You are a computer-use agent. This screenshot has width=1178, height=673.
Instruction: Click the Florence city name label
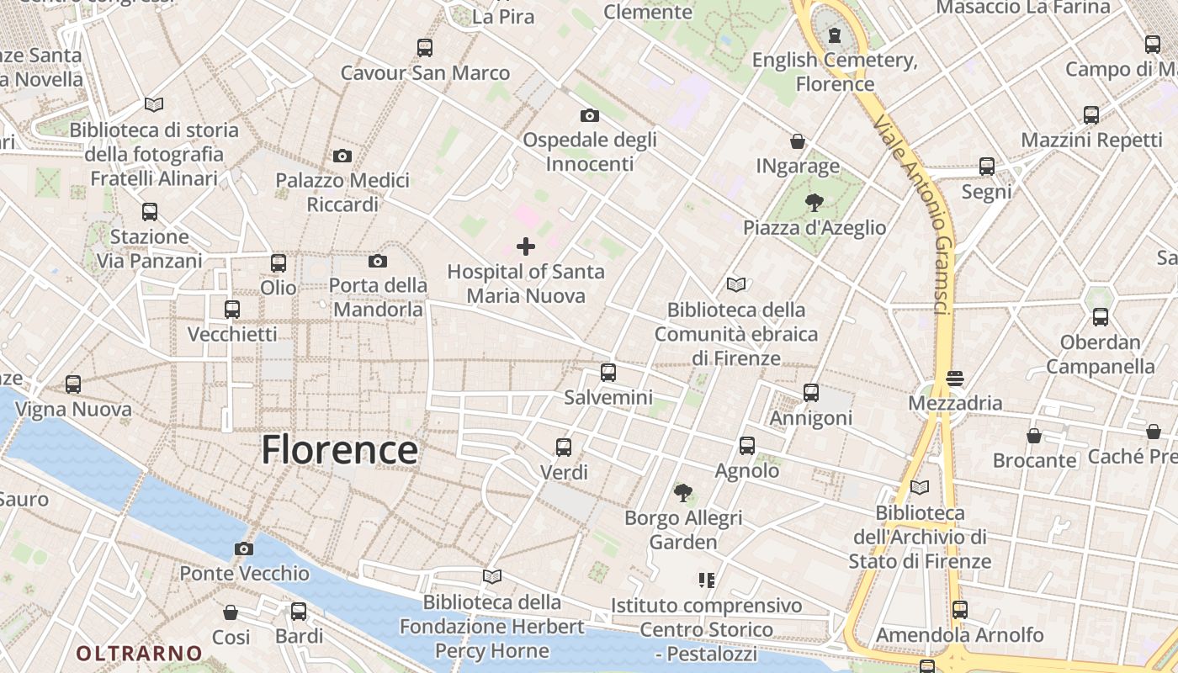point(339,450)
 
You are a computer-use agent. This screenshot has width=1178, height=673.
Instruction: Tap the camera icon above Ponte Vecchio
point(244,549)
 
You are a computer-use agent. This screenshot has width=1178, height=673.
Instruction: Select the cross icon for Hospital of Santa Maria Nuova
point(526,246)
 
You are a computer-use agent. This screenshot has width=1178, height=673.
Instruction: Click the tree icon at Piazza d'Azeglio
point(814,202)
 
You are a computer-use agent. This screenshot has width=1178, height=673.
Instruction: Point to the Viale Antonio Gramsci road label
point(913,215)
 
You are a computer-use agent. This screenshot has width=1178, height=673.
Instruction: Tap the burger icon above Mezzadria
point(954,379)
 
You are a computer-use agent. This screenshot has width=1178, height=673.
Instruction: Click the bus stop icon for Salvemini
point(608,372)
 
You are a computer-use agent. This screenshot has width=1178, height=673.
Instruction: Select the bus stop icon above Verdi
point(564,448)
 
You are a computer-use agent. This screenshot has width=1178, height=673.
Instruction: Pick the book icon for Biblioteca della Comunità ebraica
point(736,284)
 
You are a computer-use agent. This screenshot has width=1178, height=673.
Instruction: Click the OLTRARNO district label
point(140,653)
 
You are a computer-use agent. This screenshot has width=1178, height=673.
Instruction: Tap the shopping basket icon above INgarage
point(797,141)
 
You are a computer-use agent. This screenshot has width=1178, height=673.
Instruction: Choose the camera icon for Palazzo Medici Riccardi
point(342,156)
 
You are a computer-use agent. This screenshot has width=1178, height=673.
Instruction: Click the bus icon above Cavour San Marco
point(425,48)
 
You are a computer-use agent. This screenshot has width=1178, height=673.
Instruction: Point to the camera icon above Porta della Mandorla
point(378,262)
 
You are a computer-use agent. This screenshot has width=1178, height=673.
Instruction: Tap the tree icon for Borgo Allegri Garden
point(682,492)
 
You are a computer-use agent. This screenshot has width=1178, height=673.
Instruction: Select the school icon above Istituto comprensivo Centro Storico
point(706,580)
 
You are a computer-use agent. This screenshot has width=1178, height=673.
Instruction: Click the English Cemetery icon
point(834,34)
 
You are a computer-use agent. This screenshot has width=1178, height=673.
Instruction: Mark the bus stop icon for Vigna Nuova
point(73,384)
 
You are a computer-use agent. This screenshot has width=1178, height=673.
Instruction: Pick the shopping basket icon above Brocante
point(1034,436)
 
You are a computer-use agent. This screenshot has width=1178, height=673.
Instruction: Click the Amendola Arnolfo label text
point(960,634)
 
